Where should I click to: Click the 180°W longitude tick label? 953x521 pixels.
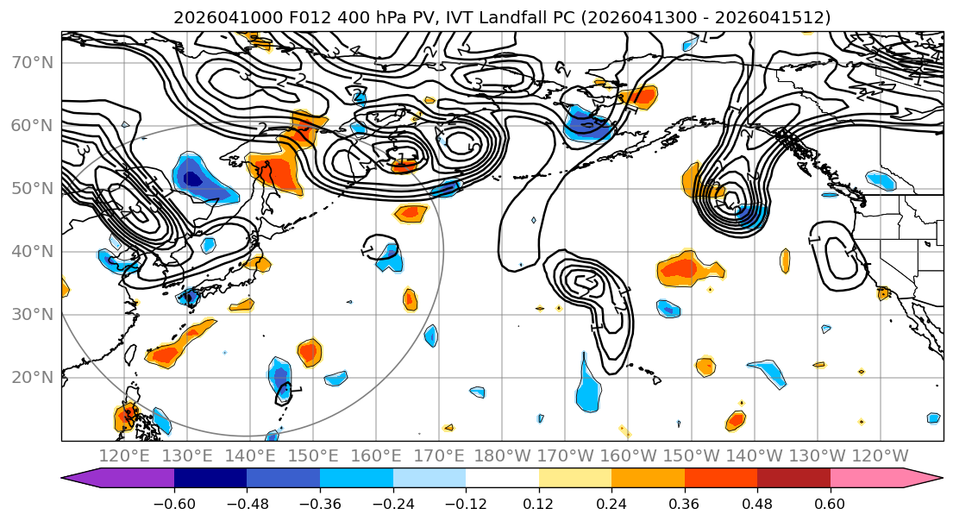(503, 455)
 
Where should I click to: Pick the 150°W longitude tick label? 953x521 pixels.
(692, 455)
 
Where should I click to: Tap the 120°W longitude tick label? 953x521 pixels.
(880, 455)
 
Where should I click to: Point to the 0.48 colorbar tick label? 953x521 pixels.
(757, 505)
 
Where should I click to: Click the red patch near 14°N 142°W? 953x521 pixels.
(736, 420)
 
